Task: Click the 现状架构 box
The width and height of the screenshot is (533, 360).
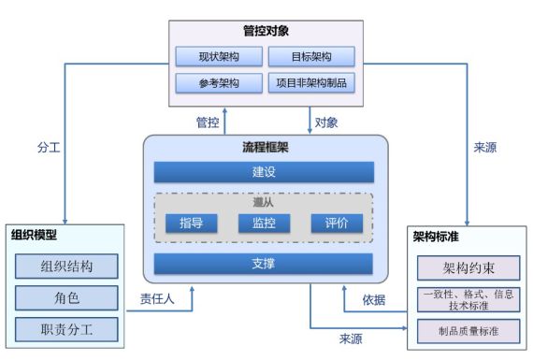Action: [x=217, y=56]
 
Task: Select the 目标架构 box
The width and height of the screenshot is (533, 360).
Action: [x=310, y=56]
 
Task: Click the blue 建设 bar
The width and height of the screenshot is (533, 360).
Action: [x=264, y=173]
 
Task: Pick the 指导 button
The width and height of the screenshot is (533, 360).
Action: [x=191, y=223]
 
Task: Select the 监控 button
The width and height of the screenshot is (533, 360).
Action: [x=264, y=223]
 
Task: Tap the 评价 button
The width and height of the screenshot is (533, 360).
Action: [x=336, y=223]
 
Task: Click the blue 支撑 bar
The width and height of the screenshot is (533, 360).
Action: [x=264, y=264]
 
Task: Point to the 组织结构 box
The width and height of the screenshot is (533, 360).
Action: [x=66, y=265]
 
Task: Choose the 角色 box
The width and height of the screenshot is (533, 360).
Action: [x=66, y=296]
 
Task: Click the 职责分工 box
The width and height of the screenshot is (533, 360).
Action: [x=66, y=327]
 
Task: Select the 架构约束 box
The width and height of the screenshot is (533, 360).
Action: [x=467, y=269]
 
